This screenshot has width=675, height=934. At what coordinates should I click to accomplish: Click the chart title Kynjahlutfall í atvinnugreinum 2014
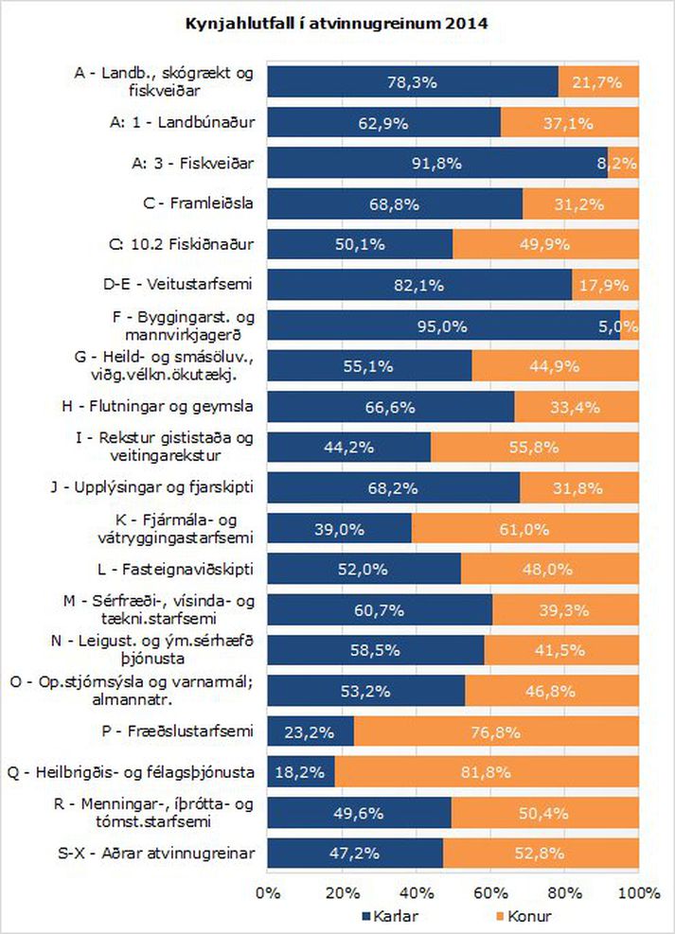337,24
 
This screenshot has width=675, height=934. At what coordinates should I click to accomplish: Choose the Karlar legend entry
388,916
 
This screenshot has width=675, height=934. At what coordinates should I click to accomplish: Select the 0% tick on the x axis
269,892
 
